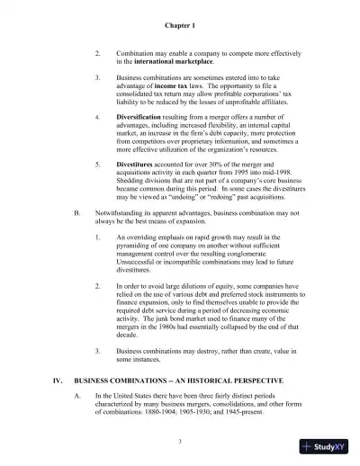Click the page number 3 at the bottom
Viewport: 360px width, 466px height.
180,441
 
